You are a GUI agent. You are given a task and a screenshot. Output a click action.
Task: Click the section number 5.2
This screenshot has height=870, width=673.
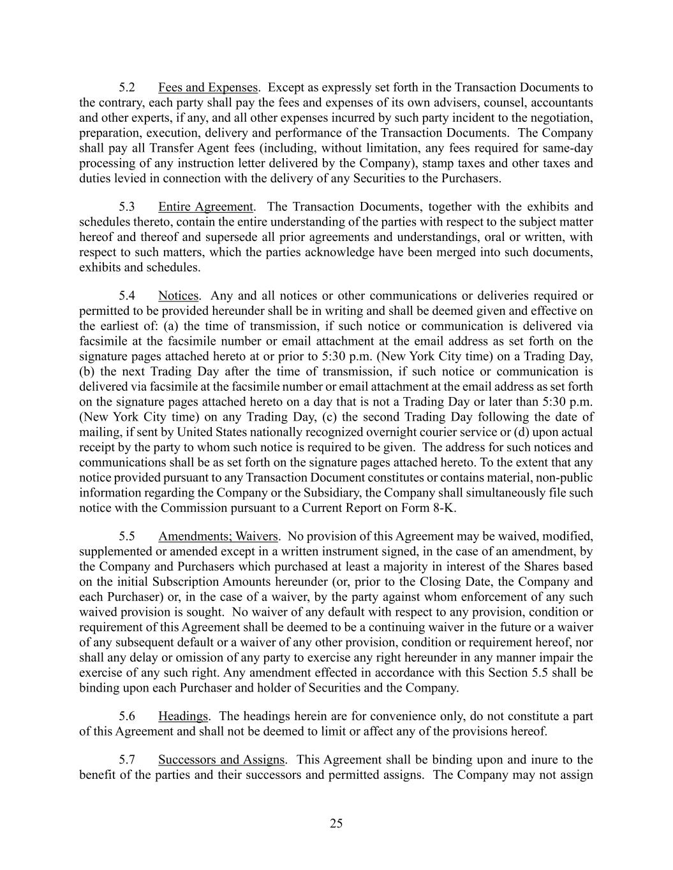127,87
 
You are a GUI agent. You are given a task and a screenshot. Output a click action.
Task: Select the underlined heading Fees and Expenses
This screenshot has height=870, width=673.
208,87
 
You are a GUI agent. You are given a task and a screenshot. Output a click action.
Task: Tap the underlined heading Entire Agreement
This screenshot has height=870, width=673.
205,207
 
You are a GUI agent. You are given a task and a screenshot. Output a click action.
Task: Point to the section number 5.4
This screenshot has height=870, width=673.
127,296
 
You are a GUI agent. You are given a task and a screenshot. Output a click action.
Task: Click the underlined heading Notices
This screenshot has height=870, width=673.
178,296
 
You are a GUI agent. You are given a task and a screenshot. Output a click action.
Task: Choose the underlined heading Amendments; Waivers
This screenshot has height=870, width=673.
218,536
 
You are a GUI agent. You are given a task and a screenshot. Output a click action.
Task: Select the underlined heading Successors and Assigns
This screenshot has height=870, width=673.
221,760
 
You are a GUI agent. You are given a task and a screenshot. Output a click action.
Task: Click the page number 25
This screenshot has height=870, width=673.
336,823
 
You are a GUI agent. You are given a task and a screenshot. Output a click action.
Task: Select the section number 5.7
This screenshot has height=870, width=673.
127,760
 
